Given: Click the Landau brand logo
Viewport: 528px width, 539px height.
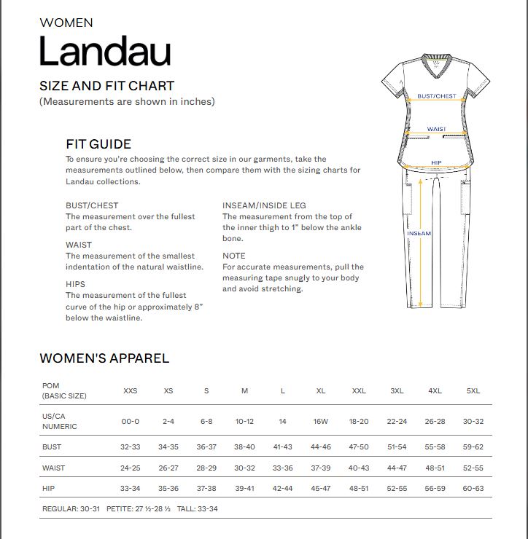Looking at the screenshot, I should (105, 52).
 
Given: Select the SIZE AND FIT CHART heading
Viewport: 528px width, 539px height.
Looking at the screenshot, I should (106, 86).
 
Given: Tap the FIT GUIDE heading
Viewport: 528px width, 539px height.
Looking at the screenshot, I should (98, 144).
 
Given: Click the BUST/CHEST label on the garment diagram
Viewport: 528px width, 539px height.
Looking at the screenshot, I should (437, 96).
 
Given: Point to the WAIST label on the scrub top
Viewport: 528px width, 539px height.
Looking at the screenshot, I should (437, 129).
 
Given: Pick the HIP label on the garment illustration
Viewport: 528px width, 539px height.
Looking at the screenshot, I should (436, 162).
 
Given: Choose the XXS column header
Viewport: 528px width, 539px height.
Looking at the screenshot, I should (131, 391).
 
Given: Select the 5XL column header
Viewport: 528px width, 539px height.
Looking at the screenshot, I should (473, 391).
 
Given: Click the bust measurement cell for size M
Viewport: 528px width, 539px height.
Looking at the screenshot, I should (244, 446).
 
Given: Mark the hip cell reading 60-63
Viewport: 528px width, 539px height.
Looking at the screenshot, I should (473, 489).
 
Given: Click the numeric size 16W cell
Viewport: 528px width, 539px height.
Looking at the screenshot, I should (321, 422).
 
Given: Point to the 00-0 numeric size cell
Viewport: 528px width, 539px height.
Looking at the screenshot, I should (131, 422).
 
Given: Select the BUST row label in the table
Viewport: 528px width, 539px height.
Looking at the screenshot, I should (53, 446).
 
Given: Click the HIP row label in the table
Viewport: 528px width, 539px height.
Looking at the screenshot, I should (50, 489).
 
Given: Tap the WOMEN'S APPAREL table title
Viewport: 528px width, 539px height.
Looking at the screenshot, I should (104, 358).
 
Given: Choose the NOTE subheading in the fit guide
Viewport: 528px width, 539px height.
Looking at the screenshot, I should (234, 256).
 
